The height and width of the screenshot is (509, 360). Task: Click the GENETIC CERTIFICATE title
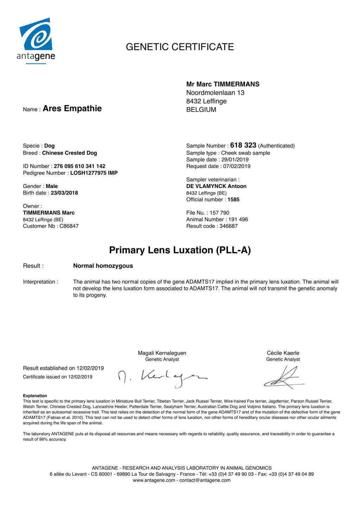coord(180,47)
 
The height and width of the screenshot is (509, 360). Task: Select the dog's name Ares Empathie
coord(72,109)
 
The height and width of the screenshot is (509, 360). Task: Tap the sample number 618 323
coord(243,145)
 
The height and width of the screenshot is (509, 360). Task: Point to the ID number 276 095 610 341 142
coord(79,166)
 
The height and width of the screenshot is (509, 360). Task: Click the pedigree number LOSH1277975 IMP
coord(94,173)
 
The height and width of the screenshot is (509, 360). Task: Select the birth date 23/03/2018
coord(64,193)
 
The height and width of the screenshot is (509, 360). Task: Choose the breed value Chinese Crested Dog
coord(69,153)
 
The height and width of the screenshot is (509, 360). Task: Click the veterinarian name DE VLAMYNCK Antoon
coord(216,186)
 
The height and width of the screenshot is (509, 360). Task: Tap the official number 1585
coord(233,200)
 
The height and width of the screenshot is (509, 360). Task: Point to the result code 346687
coord(229,226)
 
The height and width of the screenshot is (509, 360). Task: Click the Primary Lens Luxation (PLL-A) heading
coord(180,250)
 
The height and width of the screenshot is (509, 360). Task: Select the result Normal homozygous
coord(103,266)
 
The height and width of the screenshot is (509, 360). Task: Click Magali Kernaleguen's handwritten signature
coord(162,378)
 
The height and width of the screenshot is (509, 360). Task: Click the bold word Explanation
coord(35,396)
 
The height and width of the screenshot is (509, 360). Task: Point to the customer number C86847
coord(69,226)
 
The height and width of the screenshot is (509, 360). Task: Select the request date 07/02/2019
coord(237,166)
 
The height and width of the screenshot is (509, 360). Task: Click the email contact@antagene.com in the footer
coord(205,480)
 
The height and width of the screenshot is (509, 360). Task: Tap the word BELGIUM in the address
coord(201,110)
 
